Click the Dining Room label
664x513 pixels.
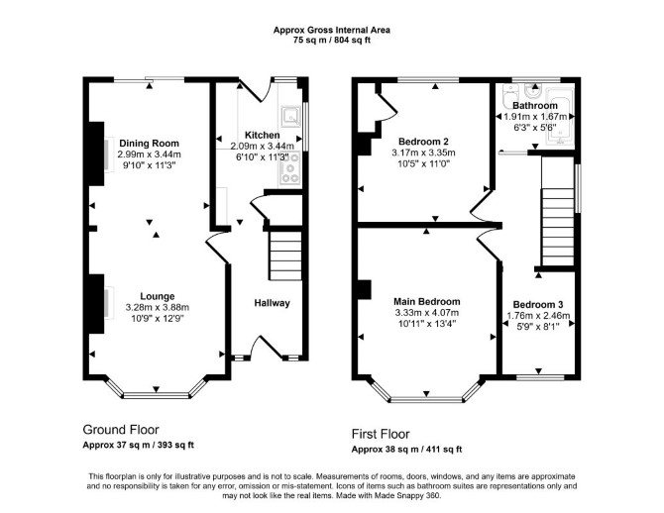(x=149, y=143)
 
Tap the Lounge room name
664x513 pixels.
(x=158, y=296)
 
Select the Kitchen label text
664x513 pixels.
(x=262, y=135)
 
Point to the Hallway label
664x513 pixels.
(x=272, y=303)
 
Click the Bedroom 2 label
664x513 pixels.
(x=423, y=142)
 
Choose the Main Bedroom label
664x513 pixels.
(x=427, y=302)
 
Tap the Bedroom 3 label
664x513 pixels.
(x=538, y=304)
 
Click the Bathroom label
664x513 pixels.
(x=535, y=105)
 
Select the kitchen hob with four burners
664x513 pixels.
(x=290, y=168)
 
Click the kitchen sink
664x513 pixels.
(x=290, y=116)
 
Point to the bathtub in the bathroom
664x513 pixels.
(x=560, y=116)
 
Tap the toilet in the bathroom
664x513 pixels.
(x=510, y=96)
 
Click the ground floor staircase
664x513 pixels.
(x=285, y=256)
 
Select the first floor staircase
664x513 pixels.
(x=558, y=227)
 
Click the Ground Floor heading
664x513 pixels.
(x=121, y=430)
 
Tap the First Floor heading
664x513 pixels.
(x=381, y=434)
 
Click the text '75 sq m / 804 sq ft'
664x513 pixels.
(x=332, y=41)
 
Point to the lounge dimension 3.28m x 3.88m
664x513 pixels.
(x=158, y=307)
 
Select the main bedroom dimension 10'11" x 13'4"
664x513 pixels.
(x=427, y=324)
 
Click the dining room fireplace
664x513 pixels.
(x=96, y=154)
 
